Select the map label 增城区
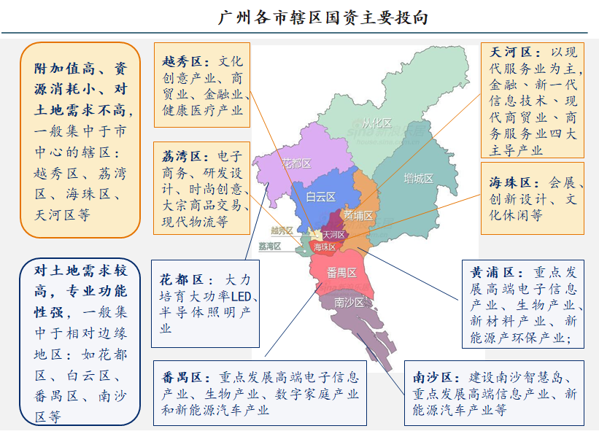[418, 178]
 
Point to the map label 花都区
[297, 164]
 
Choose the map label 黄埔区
[358, 216]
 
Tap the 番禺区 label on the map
[341, 273]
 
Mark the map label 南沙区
[349, 302]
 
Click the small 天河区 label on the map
[333, 235]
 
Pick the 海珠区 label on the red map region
[325, 247]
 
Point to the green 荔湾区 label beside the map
[269, 247]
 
